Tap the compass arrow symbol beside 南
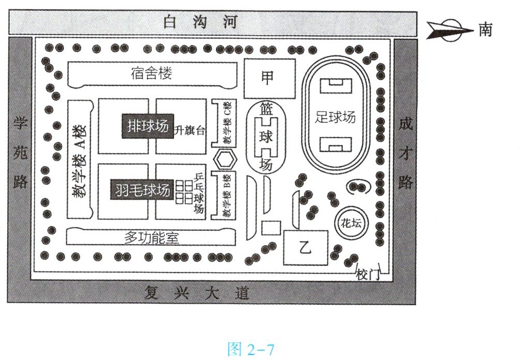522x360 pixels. [449, 30]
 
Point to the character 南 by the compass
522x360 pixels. [485, 30]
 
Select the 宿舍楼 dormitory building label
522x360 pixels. [151, 73]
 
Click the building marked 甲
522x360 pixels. [269, 78]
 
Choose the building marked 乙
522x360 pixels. [306, 248]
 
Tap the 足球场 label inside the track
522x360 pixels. [336, 117]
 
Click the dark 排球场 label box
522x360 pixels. [147, 126]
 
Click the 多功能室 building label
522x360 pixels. [151, 238]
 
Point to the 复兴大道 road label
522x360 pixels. [196, 294]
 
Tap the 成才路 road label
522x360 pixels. [405, 153]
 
